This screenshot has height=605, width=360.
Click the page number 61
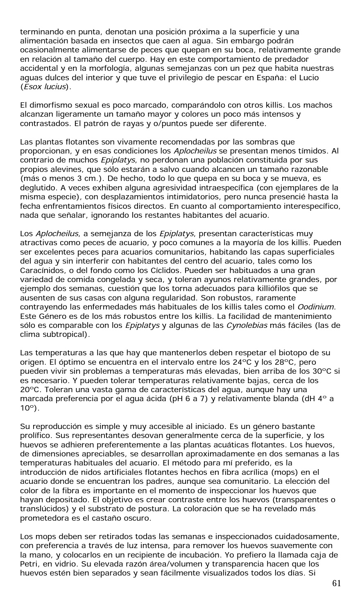click(x=336, y=583)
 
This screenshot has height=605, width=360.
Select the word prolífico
click(x=36, y=435)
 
